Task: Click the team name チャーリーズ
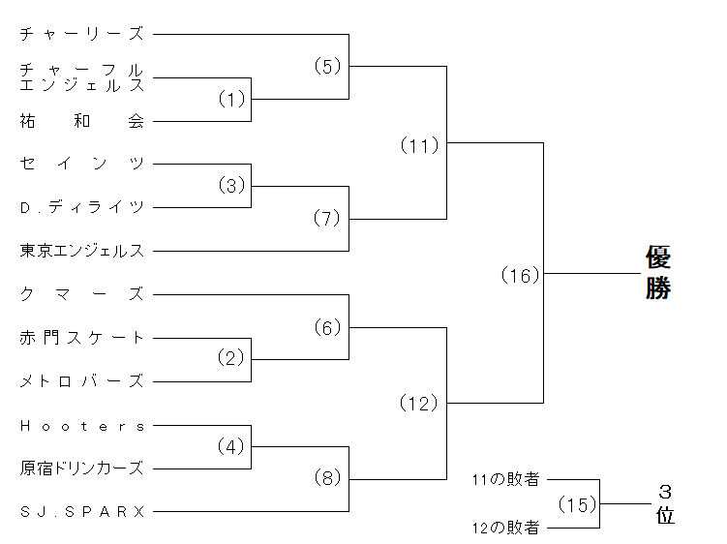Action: pos(81,34)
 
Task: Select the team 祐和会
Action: pos(81,121)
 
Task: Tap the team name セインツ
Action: pos(81,164)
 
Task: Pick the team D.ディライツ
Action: pos(81,207)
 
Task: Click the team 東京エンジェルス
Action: pos(81,251)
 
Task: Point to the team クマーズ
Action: pos(81,294)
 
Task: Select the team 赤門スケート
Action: pos(81,338)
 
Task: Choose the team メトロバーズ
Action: pos(81,381)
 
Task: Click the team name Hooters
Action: pos(81,425)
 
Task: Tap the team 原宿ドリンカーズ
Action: pos(81,468)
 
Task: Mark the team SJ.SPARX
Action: pos(81,511)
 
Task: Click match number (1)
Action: pos(232,100)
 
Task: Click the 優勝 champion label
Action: pos(659,273)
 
